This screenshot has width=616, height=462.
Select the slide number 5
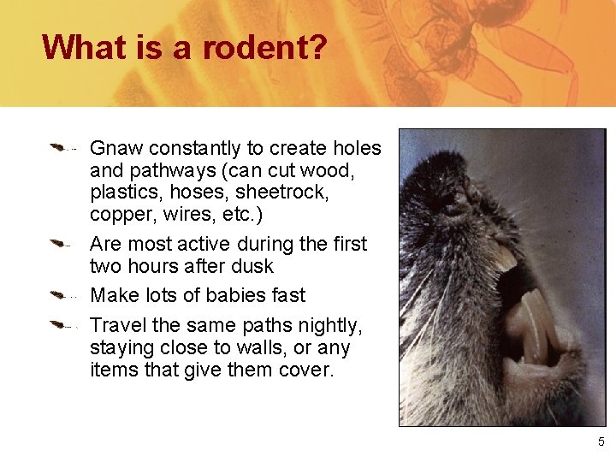[601, 441]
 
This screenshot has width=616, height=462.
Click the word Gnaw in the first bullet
[115, 149]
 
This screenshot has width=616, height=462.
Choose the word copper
[118, 213]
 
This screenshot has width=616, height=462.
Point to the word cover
[305, 370]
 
